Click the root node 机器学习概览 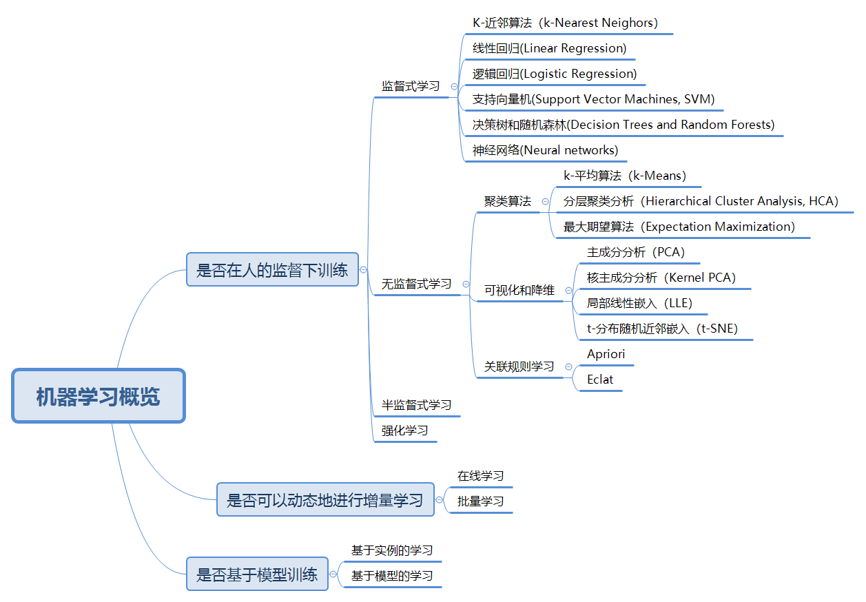99,396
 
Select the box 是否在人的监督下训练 272,269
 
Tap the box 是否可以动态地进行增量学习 325,499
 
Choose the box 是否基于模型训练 257,574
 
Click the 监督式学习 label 411,86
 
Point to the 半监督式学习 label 416,405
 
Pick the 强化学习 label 405,430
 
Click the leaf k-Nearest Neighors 565,23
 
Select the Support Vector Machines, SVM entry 593,99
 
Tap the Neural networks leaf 545,150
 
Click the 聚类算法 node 508,201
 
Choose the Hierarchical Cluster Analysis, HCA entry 701,201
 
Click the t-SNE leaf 662,329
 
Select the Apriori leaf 606,354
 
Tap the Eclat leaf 600,380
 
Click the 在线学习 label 480,476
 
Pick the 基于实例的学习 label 392,550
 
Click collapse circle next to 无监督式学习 466,284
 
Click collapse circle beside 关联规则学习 568,367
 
